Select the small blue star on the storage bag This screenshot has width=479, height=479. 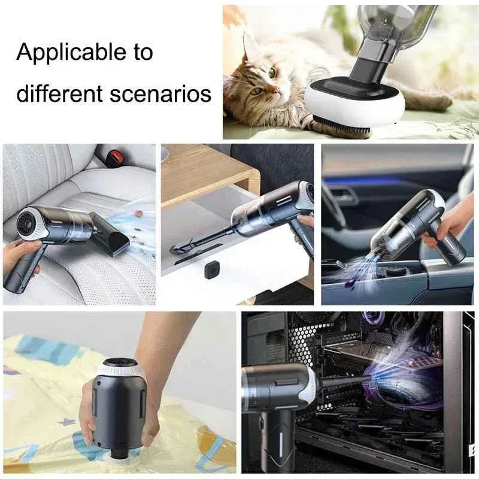coord(67,422)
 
